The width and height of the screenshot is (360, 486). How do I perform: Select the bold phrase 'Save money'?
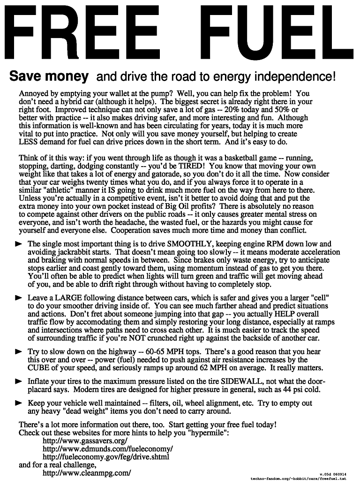click(49, 76)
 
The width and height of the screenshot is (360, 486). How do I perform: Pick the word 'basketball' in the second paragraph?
click(235, 158)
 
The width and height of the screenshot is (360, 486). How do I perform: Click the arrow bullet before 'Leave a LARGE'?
click(19, 298)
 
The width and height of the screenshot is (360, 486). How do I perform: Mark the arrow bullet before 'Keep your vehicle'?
click(19, 403)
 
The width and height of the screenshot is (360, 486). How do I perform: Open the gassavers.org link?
click(85, 441)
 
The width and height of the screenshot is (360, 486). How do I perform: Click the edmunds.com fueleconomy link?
click(107, 449)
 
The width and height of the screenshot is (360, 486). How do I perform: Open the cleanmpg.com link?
click(87, 473)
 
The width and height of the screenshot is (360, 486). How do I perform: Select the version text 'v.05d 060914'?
click(333, 474)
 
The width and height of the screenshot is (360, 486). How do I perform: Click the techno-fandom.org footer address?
click(299, 479)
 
